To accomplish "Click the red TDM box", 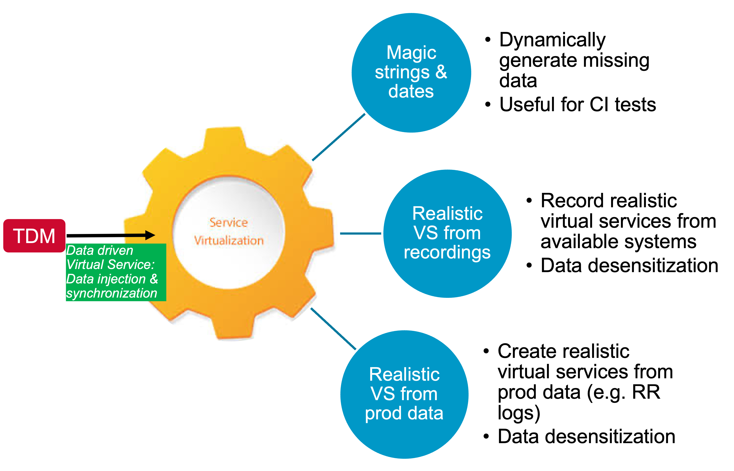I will [x=34, y=236].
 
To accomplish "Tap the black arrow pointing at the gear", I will [x=138, y=235].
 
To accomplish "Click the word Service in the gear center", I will [x=228, y=222].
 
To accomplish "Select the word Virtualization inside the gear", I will [x=229, y=241].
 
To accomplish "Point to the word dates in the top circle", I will [x=411, y=92].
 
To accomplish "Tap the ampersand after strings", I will [x=441, y=72].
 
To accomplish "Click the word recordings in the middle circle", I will [x=447, y=252].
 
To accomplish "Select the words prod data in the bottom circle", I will [x=404, y=413].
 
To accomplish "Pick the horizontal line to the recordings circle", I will [x=361, y=233].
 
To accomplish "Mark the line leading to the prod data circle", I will [x=333, y=329].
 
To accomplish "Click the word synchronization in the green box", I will [x=112, y=293].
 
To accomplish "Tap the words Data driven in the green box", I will [x=100, y=251].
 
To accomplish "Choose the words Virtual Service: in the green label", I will [x=110, y=264].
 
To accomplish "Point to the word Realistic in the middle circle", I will [x=447, y=214].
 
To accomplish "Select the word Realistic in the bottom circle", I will [x=404, y=374].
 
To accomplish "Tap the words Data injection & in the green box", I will [x=112, y=279].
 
